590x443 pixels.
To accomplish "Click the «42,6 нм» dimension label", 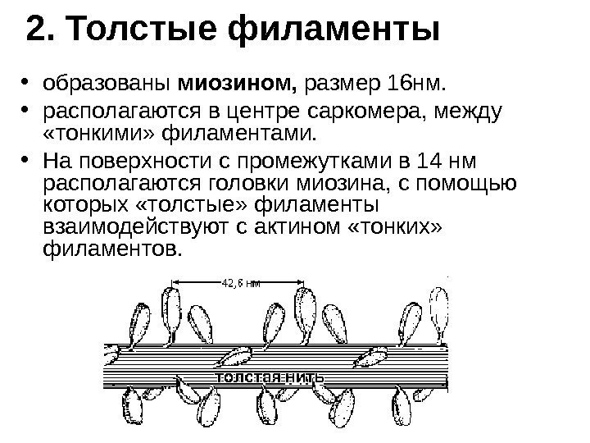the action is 240,284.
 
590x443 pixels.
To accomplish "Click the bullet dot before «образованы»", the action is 25,83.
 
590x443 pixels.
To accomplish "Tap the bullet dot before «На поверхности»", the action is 25,157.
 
